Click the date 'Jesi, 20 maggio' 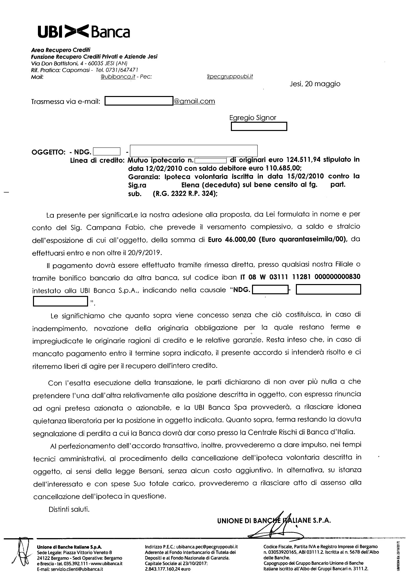315,84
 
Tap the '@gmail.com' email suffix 194,101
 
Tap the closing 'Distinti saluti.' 69,509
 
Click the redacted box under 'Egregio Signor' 259,127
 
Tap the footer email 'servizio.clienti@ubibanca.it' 75,569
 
